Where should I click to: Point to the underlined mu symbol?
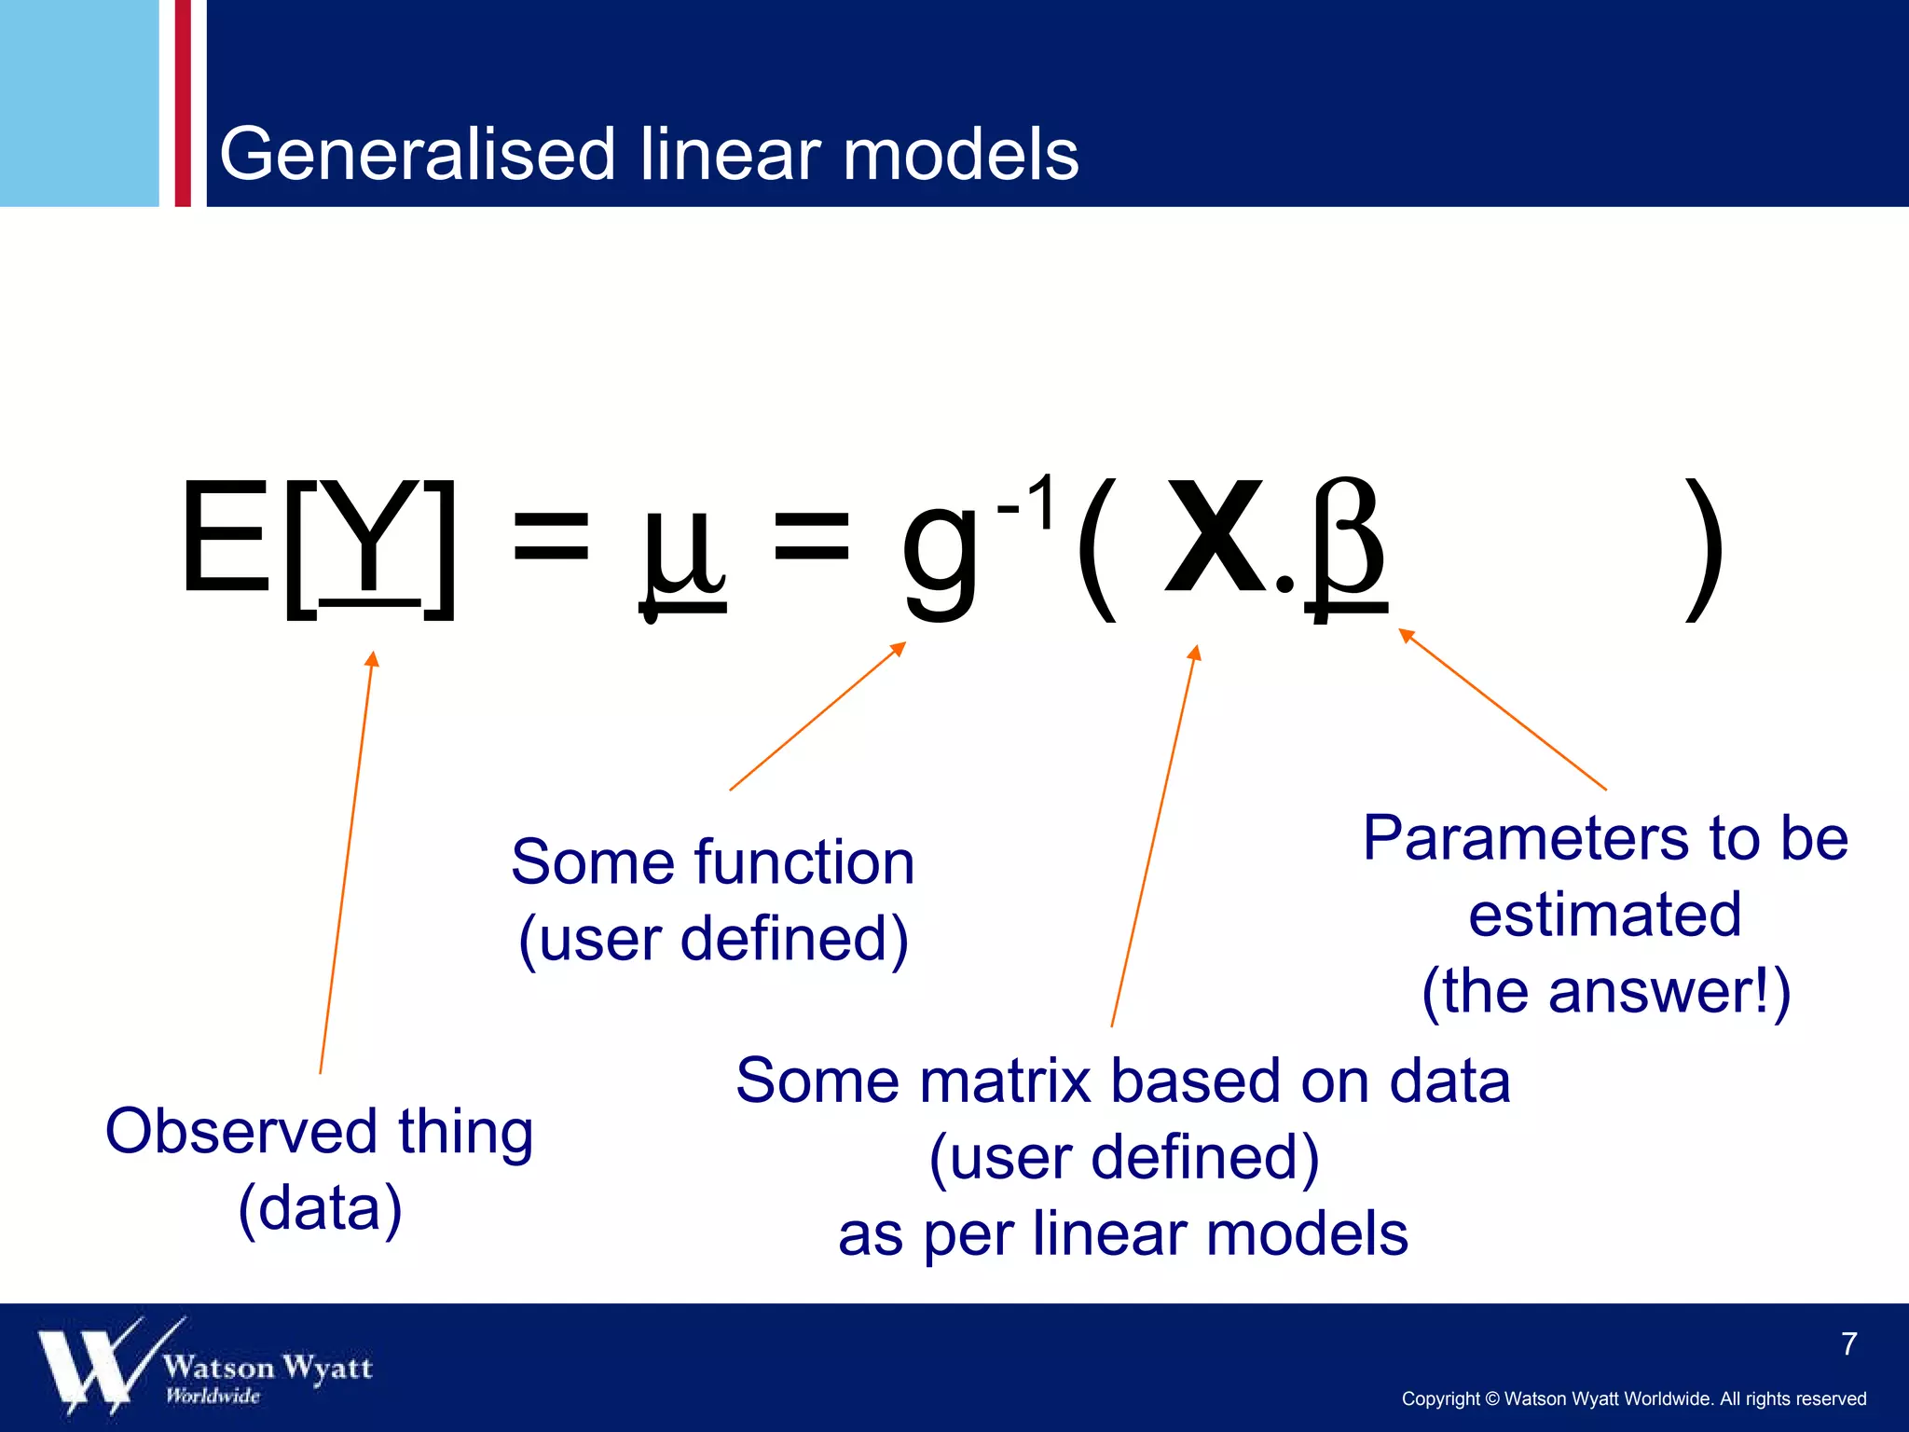coord(683,550)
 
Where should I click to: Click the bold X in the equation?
coord(1214,538)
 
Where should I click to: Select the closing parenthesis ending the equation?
coord(1704,550)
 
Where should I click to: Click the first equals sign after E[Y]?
coord(551,538)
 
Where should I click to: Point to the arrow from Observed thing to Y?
coord(347,862)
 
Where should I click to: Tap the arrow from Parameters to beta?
coord(1502,709)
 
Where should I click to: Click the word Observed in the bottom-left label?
coord(240,1132)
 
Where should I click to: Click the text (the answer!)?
coord(1605,991)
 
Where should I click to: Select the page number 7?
coord(1849,1343)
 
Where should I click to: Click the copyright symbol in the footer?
coord(1491,1399)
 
